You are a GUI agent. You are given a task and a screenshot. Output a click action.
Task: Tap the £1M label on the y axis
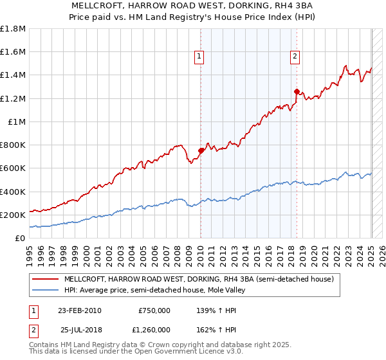click(x=17, y=122)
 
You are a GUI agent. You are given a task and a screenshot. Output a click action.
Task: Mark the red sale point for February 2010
click(x=201, y=151)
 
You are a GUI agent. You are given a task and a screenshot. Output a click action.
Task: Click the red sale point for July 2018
click(x=297, y=91)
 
